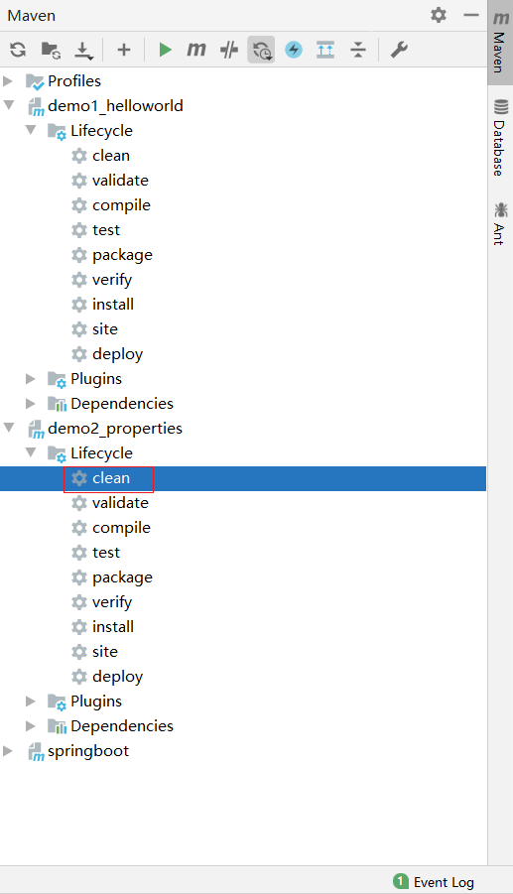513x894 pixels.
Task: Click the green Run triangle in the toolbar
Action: point(166,50)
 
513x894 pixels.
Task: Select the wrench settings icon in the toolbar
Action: point(399,50)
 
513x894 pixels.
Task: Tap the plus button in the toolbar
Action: point(124,50)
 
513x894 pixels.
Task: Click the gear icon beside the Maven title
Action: point(439,15)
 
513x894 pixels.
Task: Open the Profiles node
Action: point(74,81)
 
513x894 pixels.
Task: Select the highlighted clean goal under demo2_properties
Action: point(111,478)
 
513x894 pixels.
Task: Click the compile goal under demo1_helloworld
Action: point(121,205)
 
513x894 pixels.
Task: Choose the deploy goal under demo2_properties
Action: point(117,677)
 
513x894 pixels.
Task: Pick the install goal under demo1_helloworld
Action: point(113,305)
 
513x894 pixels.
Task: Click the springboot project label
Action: point(88,751)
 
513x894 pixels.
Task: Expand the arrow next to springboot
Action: point(8,751)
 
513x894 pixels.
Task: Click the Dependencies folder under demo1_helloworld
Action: point(122,404)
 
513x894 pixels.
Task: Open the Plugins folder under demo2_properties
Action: point(96,702)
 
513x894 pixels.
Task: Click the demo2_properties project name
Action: point(115,429)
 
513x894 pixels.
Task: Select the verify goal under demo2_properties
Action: point(112,602)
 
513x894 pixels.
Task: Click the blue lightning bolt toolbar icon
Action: point(294,50)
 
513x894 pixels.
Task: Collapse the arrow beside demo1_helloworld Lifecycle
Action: point(31,131)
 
